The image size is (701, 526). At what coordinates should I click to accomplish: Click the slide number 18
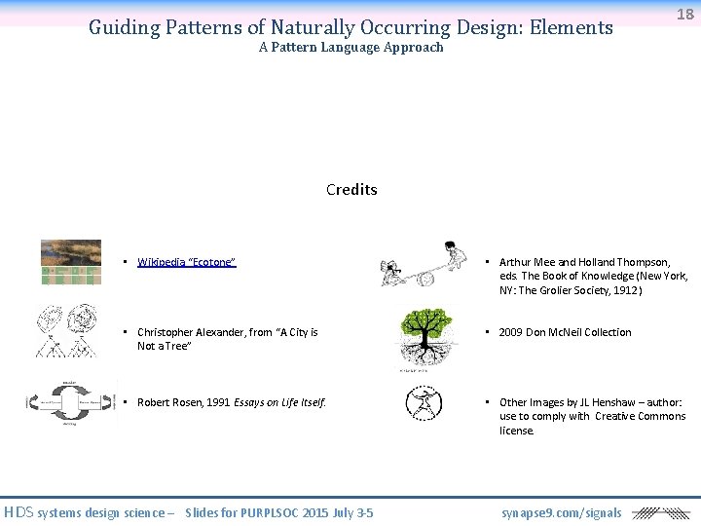(685, 14)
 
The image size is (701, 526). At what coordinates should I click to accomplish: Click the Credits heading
(351, 189)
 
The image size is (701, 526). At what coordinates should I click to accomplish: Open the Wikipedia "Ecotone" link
(186, 262)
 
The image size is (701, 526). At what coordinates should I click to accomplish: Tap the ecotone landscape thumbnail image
(70, 261)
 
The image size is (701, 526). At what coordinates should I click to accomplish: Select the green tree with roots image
(424, 337)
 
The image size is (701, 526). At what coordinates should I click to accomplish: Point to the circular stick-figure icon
(424, 403)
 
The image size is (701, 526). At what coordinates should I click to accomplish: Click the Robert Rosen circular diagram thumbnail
(63, 401)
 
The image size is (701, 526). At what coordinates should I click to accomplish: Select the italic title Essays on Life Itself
(279, 402)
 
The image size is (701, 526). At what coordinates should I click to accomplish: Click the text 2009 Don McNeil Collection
(565, 332)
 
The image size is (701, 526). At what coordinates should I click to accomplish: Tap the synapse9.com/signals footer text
(561, 512)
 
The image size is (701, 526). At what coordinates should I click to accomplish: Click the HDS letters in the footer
(18, 512)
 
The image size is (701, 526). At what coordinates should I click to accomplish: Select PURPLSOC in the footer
(272, 512)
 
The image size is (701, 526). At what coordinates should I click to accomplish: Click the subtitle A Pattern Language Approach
(350, 47)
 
